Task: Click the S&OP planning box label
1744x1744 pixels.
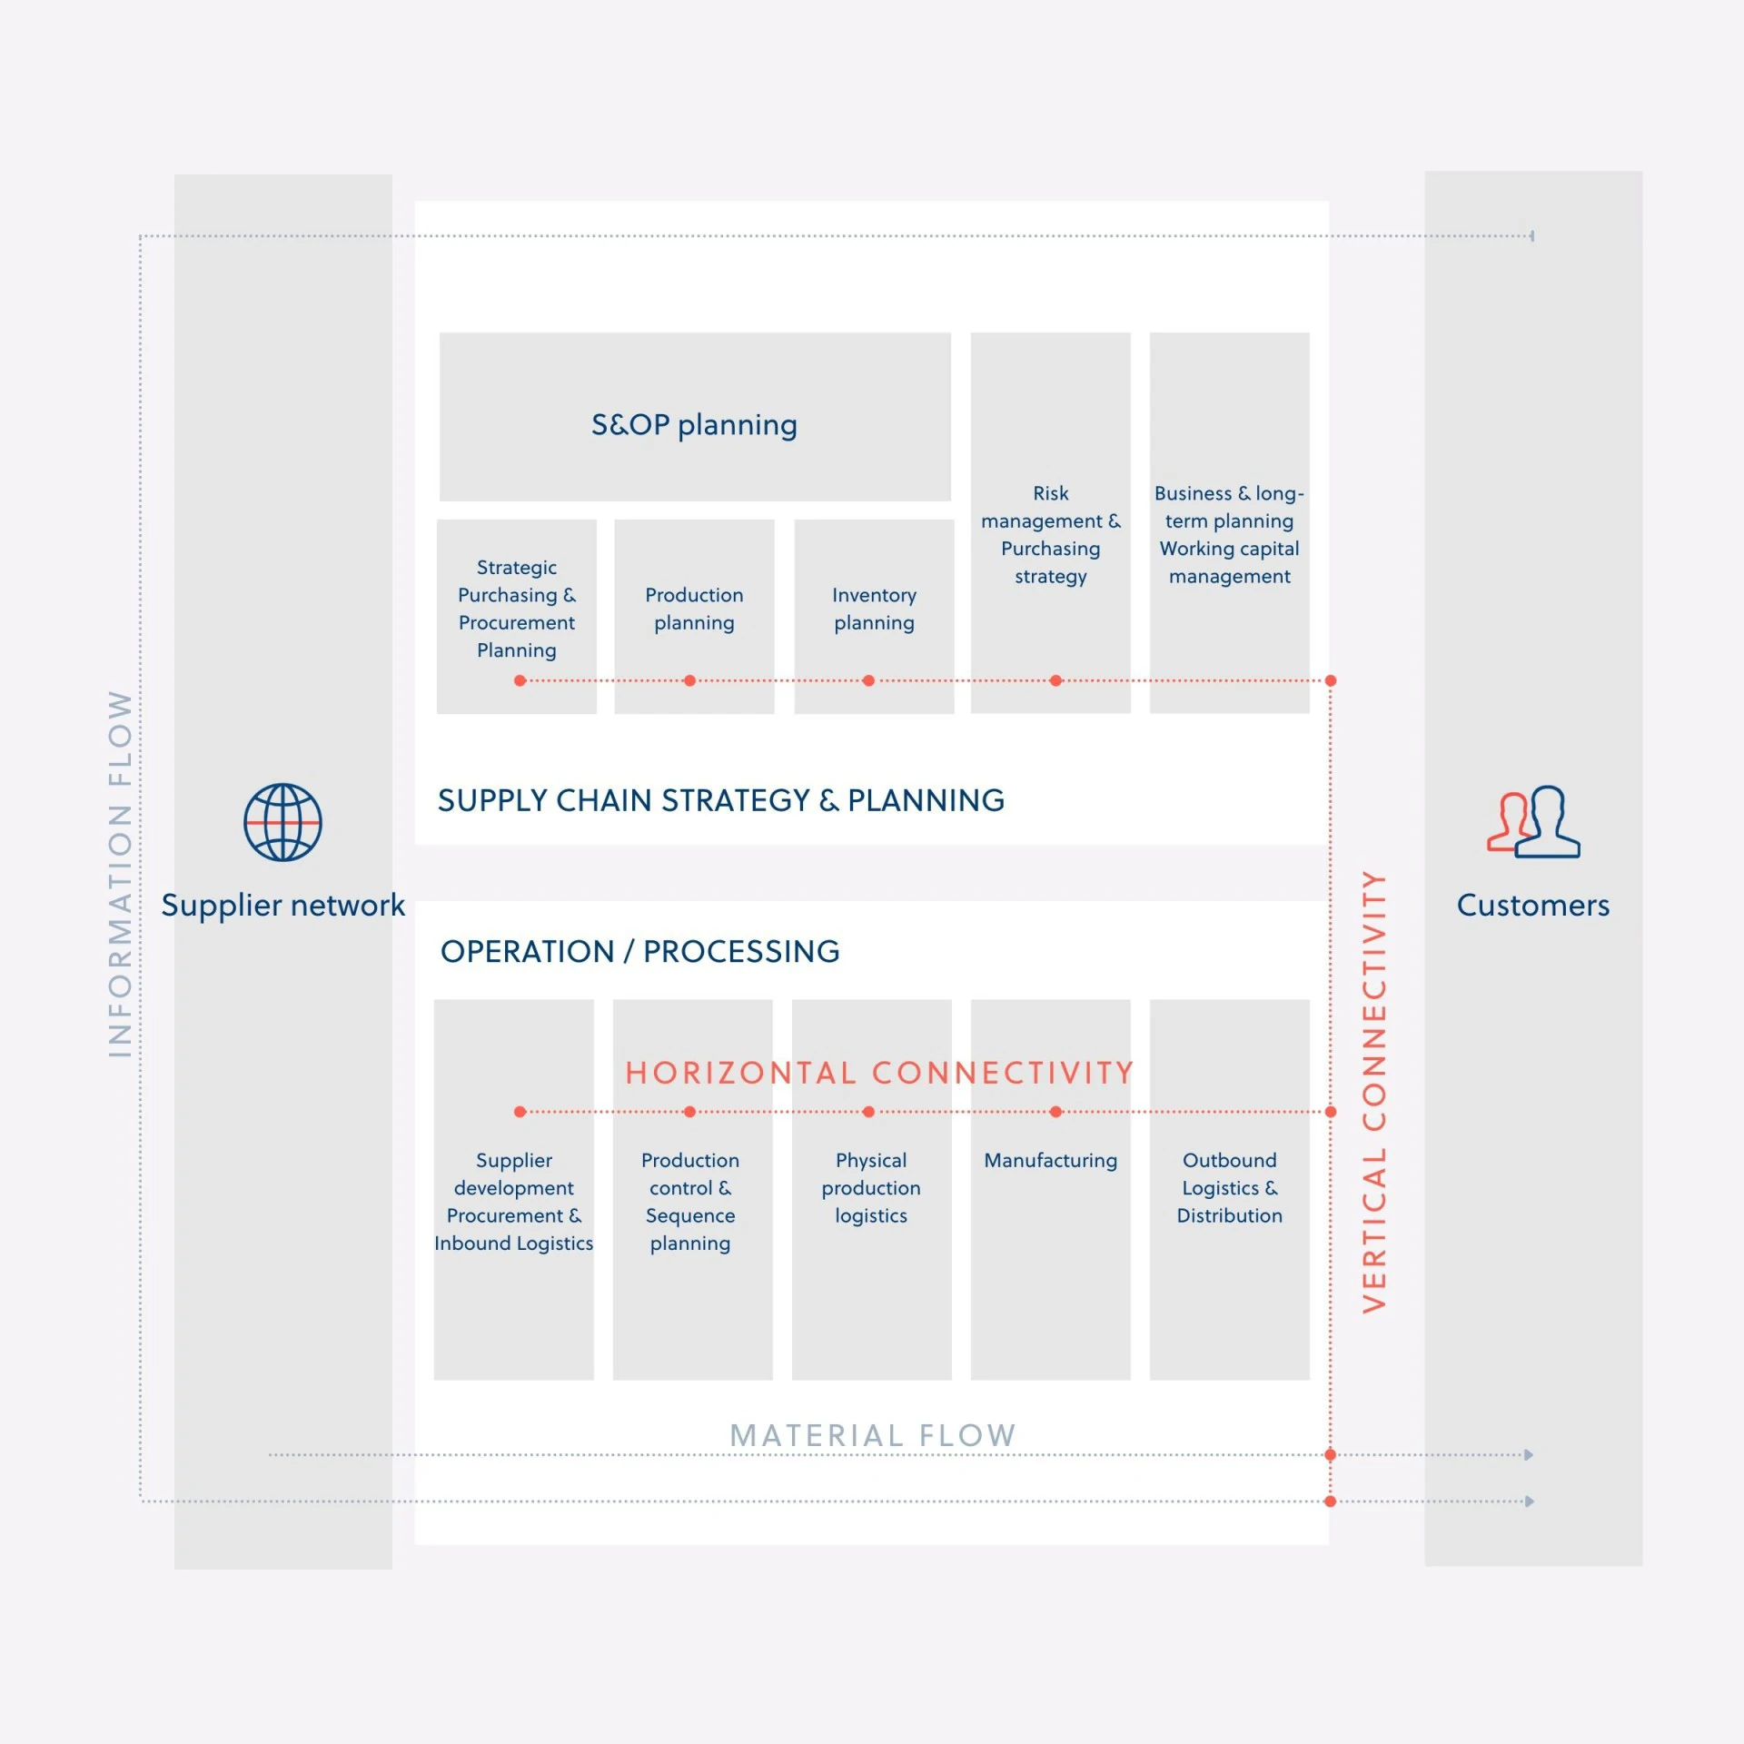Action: (x=694, y=425)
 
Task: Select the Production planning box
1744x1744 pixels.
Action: (x=694, y=617)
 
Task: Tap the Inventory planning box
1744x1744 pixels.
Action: (x=874, y=617)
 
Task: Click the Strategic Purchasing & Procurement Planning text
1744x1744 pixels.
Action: (x=517, y=609)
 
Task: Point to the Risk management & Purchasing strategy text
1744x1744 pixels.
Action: (x=1051, y=535)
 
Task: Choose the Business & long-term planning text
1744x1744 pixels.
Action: (x=1229, y=507)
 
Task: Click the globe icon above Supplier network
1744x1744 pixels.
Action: (x=282, y=822)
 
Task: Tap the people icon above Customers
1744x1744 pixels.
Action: (x=1533, y=822)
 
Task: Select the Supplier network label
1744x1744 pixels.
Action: (x=282, y=905)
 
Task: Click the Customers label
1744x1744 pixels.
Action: (x=1533, y=905)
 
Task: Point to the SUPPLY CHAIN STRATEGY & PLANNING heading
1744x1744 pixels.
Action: (x=721, y=800)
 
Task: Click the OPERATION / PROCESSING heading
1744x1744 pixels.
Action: (x=640, y=951)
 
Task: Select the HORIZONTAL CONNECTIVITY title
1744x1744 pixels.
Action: (x=879, y=1073)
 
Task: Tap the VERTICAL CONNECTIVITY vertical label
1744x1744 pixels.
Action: (x=1374, y=1092)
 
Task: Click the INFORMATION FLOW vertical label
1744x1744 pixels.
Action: (x=120, y=874)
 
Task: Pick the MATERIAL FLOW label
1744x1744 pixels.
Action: (x=873, y=1435)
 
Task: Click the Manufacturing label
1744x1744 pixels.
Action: (x=1051, y=1160)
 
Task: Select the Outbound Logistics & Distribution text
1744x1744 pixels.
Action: (x=1230, y=1188)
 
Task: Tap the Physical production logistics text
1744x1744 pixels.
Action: (x=871, y=1188)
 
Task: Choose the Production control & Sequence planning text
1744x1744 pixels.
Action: (x=690, y=1202)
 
